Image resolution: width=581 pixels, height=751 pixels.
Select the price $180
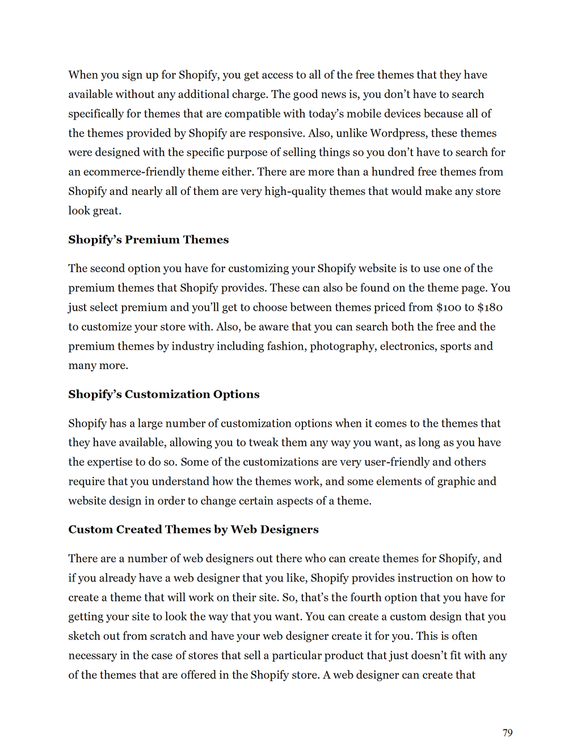click(x=490, y=307)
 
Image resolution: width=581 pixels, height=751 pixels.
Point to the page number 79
click(x=507, y=733)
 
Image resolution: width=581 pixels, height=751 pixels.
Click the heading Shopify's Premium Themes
click(x=148, y=240)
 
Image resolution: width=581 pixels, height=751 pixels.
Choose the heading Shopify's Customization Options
click(x=163, y=394)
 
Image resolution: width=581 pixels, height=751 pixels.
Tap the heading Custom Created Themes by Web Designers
click(x=193, y=529)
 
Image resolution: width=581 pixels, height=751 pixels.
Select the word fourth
click(x=374, y=597)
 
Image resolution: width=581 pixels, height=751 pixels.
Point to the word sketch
click(x=84, y=636)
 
